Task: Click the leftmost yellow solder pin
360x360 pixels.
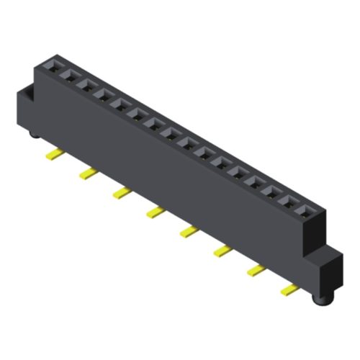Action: [53, 154]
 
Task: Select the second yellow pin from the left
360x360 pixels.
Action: [88, 174]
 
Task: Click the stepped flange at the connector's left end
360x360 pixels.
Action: [26, 108]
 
